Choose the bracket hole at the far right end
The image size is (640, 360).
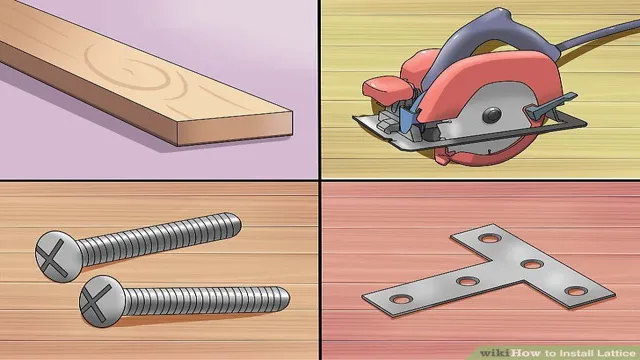(x=574, y=290)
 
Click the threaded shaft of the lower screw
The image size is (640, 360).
(x=200, y=299)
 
